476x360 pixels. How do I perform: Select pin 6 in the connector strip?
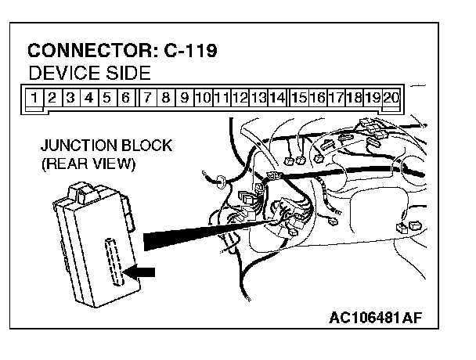point(125,99)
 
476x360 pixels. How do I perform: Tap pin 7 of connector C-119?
point(147,99)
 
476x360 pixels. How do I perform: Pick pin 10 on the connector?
point(202,99)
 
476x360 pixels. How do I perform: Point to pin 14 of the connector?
point(276,99)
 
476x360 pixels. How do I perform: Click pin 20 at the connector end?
point(391,99)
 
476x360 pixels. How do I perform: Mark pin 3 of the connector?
point(70,99)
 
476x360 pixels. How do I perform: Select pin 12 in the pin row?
point(240,99)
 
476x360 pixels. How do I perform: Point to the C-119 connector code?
point(190,52)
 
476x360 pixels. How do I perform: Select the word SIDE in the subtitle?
point(126,75)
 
